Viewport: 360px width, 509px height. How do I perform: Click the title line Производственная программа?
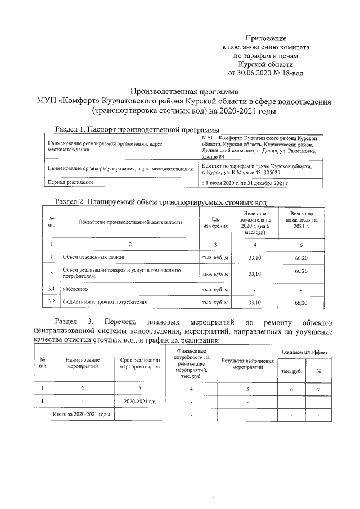tap(184, 91)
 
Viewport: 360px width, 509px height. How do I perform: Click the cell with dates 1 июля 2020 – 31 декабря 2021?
tap(245, 183)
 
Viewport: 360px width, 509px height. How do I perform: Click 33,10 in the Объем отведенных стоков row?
tap(255, 257)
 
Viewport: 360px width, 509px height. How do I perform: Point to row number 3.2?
tap(51, 303)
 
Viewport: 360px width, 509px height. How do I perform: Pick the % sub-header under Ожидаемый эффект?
tap(318, 371)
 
